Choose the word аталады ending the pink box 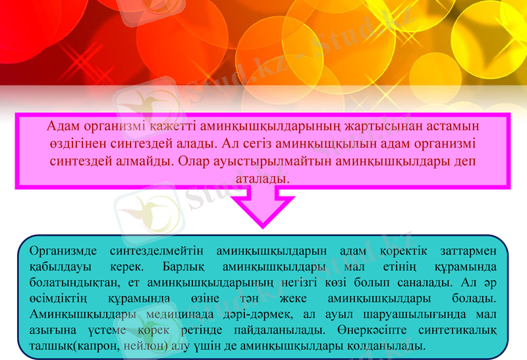click(x=262, y=178)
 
